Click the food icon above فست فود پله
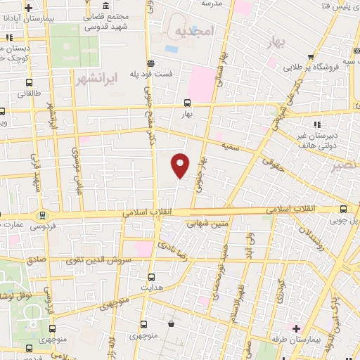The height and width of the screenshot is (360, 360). tap(150, 62)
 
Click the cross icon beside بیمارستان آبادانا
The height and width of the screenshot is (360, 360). tap(27, 9)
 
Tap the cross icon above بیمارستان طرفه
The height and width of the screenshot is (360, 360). tap(296, 328)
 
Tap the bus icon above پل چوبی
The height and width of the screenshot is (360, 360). tap(343, 209)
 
